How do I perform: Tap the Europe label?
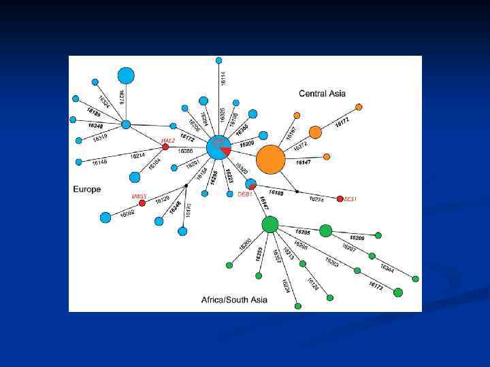87,190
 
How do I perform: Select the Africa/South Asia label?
234,299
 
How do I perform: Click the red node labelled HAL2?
165,147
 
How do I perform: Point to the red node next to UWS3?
142,203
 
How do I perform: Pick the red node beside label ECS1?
340,198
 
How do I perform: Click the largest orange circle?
270,160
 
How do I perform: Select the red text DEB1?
244,194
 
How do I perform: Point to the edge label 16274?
316,199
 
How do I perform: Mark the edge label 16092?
127,213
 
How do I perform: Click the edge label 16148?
99,162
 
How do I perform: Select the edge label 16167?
291,133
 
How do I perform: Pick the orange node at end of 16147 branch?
327,156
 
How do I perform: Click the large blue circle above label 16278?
126,75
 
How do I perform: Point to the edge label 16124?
312,283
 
